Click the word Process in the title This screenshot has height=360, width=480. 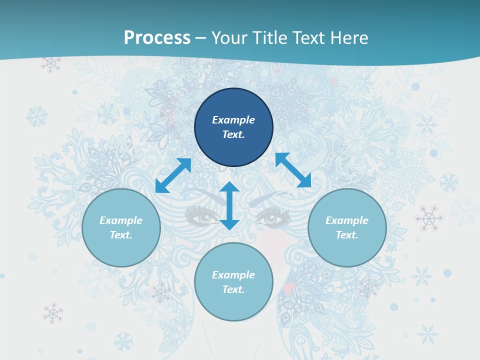point(157,38)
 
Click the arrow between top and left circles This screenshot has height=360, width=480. point(173,175)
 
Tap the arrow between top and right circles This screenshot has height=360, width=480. point(293,170)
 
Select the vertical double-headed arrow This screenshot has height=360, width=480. point(229,205)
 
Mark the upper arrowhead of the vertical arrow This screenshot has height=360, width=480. point(229,187)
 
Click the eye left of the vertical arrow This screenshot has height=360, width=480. point(202,217)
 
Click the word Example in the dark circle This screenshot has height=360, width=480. point(233,120)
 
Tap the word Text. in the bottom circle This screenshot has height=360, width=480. point(233,289)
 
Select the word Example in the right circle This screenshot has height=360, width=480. point(347,220)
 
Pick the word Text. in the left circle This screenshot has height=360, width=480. point(121,235)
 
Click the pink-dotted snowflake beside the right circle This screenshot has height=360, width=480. point(428,218)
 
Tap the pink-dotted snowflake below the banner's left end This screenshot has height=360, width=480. point(50,64)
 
